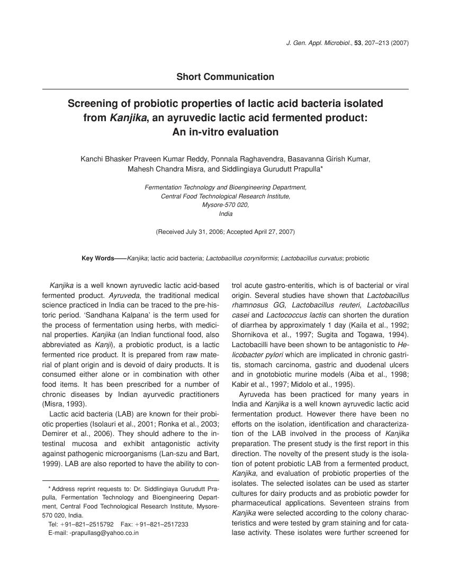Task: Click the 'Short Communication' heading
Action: [x=225, y=77]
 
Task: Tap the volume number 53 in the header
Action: [x=363, y=42]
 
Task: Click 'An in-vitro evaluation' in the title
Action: [x=225, y=132]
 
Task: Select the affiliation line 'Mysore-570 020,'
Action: [x=226, y=205]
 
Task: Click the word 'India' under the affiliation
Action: [x=226, y=214]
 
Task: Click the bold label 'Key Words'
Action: [x=97, y=258]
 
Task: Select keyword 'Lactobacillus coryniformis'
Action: [x=241, y=258]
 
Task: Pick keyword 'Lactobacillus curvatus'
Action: [x=312, y=258]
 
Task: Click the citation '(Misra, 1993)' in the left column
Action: [x=61, y=404]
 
